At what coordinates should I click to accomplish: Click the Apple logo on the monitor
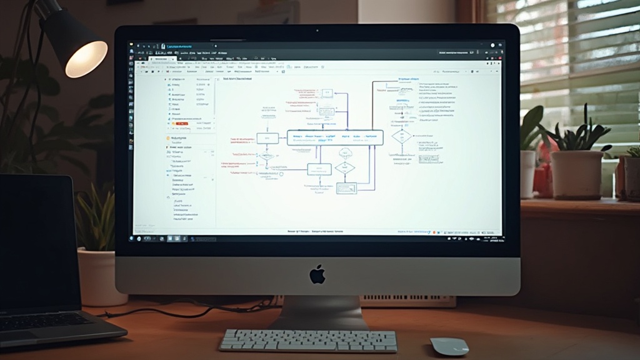[x=317, y=274]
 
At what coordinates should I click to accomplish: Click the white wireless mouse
[x=449, y=346]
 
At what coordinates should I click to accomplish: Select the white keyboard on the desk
[x=308, y=341]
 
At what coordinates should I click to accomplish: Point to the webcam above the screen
[x=317, y=31]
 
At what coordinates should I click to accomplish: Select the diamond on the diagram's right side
[x=402, y=136]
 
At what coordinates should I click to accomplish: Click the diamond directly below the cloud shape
[x=344, y=167]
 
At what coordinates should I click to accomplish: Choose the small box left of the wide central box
[x=267, y=138]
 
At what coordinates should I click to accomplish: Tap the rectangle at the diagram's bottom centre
[x=346, y=187]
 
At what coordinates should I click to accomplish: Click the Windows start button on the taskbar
[x=132, y=238]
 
